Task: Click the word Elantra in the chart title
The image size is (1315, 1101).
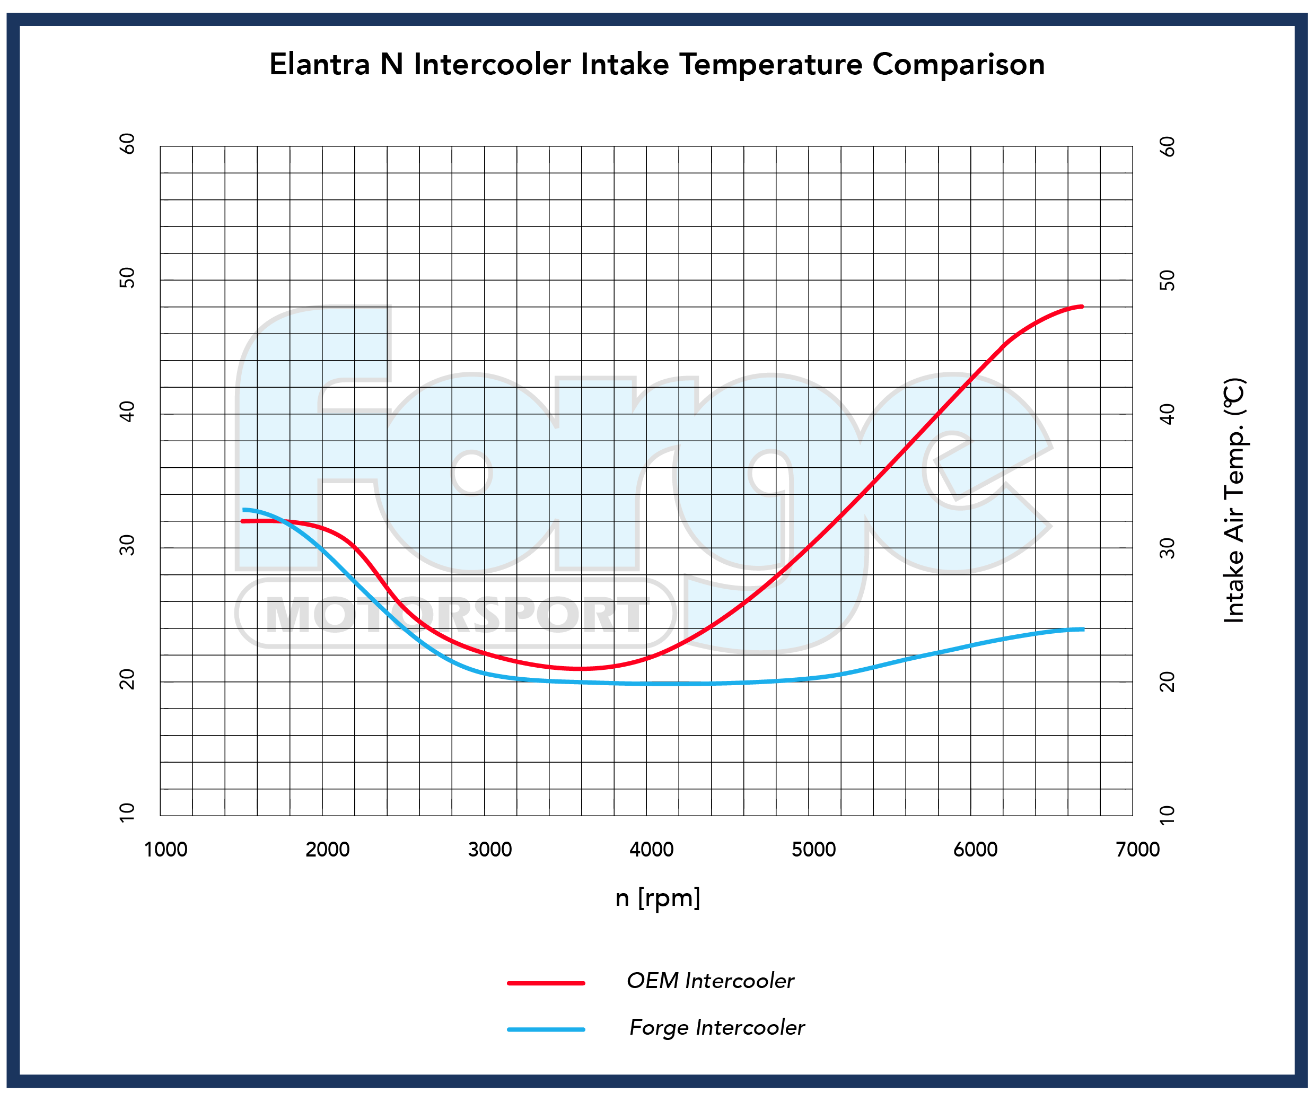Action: point(320,65)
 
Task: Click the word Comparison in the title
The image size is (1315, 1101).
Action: point(958,65)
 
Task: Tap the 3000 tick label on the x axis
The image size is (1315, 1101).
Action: point(490,850)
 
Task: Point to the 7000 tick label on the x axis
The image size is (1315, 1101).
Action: point(1138,850)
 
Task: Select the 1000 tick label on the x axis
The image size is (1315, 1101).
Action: point(166,850)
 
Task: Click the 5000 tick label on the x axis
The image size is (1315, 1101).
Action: point(813,850)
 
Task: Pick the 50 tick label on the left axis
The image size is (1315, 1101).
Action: point(127,277)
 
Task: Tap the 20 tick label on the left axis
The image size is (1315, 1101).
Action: point(127,679)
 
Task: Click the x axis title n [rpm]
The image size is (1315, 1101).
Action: point(657,898)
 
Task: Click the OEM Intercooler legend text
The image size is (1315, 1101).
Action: point(710,981)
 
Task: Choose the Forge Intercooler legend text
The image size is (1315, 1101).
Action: point(716,1028)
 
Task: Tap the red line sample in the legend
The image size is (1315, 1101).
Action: point(546,983)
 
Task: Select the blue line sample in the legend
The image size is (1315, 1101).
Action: point(546,1029)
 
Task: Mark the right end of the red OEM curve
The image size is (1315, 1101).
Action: point(1082,306)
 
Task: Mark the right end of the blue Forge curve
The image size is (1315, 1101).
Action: point(1082,629)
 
